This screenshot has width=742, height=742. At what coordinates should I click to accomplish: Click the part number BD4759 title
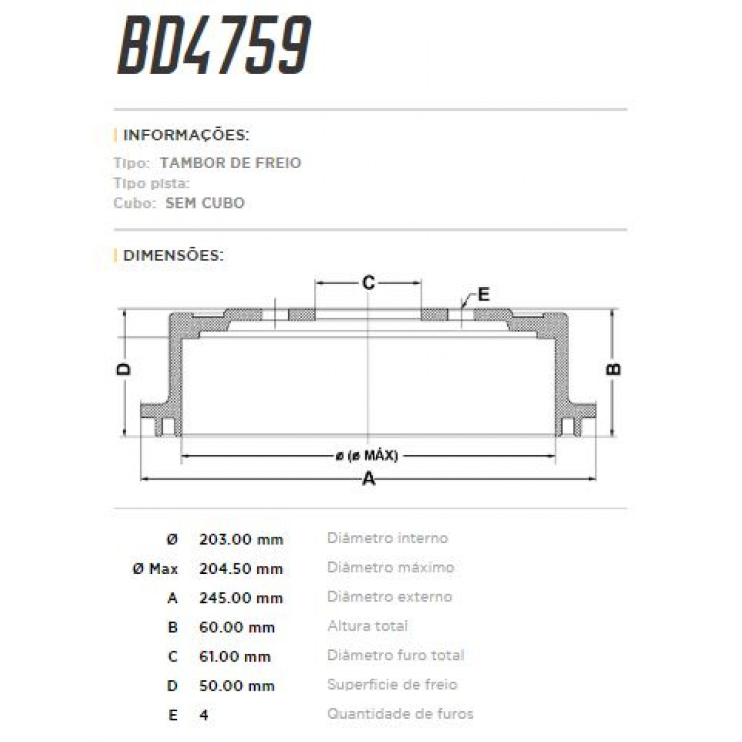(x=214, y=46)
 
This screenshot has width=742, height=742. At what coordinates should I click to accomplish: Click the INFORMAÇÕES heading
(x=186, y=135)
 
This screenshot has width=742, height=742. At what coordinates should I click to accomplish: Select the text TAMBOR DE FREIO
(x=230, y=163)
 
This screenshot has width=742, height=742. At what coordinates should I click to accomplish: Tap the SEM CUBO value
(x=205, y=203)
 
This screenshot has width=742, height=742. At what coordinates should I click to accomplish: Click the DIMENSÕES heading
(x=173, y=255)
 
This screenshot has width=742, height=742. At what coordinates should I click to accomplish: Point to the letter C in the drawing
(x=369, y=283)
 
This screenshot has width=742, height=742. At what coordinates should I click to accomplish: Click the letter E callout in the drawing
(x=484, y=294)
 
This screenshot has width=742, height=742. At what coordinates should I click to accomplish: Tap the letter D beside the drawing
(x=124, y=369)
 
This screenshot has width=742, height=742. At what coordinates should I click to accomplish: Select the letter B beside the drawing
(x=613, y=369)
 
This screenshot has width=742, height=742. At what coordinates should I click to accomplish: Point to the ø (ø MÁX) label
(x=367, y=456)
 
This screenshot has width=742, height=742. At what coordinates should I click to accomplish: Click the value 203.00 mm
(x=241, y=539)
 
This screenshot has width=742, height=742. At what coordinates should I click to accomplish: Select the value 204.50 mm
(x=241, y=568)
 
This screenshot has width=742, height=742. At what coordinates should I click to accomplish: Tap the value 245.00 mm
(x=241, y=598)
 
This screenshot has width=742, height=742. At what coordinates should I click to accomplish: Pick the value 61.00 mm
(x=235, y=657)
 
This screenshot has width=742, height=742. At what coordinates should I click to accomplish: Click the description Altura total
(x=367, y=626)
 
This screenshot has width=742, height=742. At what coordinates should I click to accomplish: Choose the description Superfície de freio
(x=392, y=684)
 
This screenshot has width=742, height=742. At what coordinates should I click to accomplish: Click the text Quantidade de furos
(x=400, y=714)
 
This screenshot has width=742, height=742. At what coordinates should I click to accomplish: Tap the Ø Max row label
(x=155, y=568)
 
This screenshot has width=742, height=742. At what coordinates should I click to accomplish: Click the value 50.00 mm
(x=236, y=686)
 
